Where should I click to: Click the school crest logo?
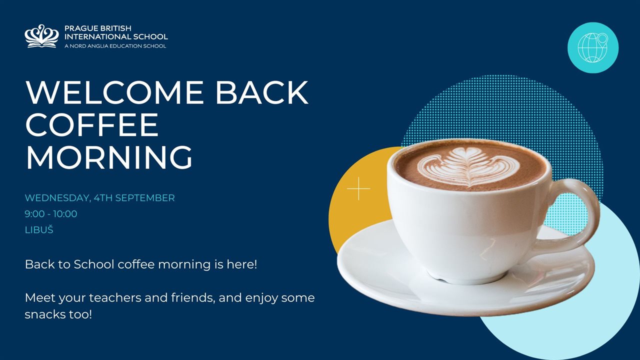point(41,36)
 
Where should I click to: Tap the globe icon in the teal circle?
point(593,47)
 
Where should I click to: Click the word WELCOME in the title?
point(114,92)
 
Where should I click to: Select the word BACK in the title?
point(261,92)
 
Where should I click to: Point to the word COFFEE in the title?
point(92,124)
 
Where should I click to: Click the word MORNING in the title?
point(109,157)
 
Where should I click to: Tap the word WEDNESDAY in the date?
point(57,198)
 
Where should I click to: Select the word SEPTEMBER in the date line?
point(145,197)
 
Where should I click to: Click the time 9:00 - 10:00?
point(51,213)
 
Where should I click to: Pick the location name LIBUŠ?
point(39,229)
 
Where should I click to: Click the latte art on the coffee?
point(468,167)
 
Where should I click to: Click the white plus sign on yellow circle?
point(358,188)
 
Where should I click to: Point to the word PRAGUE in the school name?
point(81,28)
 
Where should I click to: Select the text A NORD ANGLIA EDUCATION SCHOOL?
point(115,46)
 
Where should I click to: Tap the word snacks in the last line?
point(45,314)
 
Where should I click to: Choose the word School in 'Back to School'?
point(94,264)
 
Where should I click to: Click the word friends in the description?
point(193,297)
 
